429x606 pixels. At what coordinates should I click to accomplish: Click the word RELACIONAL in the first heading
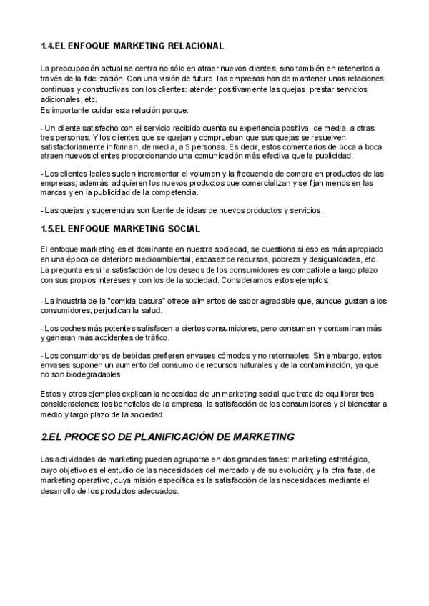click(197, 46)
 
